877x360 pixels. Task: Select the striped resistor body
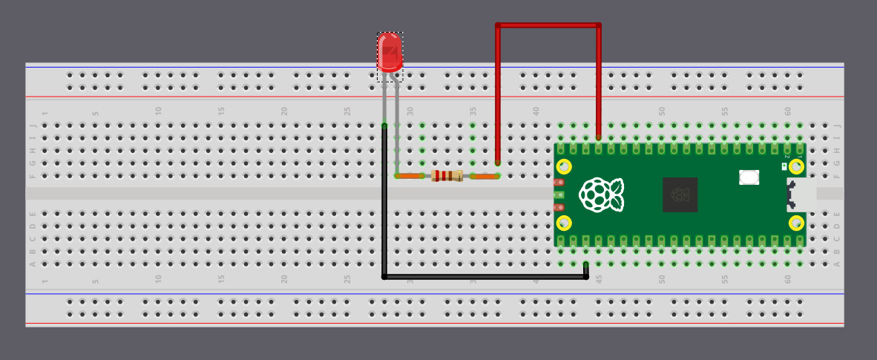447,176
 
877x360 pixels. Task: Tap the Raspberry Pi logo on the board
601,194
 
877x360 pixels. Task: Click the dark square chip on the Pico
680,194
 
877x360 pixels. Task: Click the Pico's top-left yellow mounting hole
564,166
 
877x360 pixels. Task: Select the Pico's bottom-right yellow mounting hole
797,223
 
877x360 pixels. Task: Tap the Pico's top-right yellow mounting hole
797,166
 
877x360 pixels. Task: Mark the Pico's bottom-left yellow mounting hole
564,223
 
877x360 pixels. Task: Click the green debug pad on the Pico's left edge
559,195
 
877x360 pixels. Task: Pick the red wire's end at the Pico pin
599,137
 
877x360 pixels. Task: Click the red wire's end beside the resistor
497,163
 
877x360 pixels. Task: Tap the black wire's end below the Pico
586,265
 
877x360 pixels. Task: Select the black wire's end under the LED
384,126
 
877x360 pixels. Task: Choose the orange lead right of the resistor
484,176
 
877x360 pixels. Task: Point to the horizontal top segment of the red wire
548,25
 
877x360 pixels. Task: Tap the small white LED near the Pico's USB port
784,167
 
